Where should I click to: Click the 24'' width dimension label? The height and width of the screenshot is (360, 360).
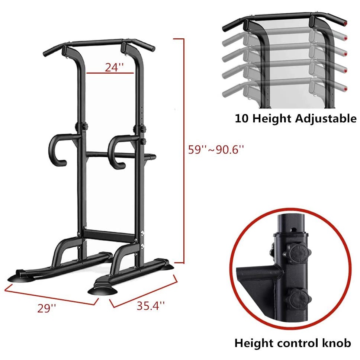114,67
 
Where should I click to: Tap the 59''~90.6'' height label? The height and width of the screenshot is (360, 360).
216,150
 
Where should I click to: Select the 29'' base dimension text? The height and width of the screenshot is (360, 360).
46,308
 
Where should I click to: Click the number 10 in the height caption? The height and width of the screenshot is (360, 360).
242,119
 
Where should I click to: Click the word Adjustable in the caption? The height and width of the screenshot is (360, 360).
325,119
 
